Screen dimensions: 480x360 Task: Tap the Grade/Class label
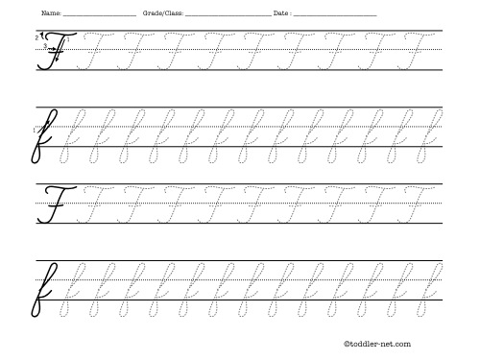coord(158,14)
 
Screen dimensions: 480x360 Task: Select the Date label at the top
coord(280,14)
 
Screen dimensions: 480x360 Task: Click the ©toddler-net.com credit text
coord(376,343)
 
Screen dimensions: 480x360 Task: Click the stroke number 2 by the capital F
coord(36,36)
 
